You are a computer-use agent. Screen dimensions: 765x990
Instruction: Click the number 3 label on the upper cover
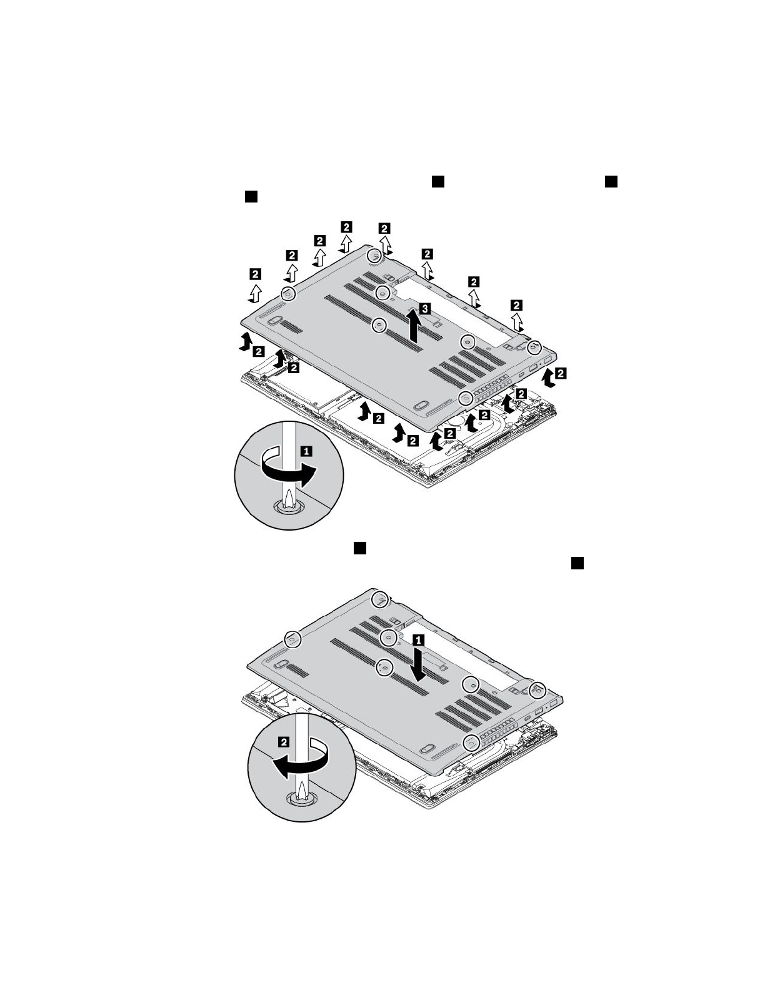tap(424, 309)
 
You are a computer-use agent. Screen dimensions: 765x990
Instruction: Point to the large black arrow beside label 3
tap(414, 325)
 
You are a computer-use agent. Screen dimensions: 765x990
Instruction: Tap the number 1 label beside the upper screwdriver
tap(307, 451)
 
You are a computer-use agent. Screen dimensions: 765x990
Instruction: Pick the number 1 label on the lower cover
tap(418, 640)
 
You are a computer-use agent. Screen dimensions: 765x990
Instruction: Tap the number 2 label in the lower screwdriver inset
tap(283, 742)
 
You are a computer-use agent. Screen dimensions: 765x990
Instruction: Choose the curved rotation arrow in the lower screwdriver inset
tap(300, 759)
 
